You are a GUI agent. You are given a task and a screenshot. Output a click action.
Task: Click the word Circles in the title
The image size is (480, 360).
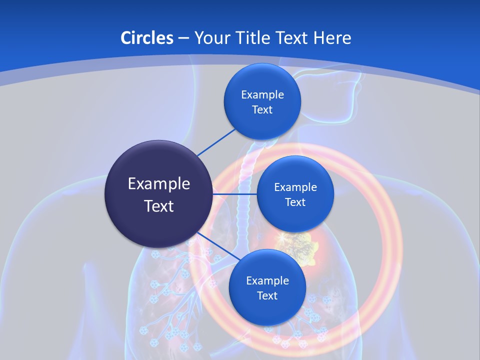[147, 38]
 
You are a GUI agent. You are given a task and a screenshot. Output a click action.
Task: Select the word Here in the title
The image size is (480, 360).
[332, 38]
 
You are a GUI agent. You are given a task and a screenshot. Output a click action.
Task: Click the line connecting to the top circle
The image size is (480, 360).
[216, 142]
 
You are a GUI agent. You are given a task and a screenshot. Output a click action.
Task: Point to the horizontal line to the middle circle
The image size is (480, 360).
[235, 194]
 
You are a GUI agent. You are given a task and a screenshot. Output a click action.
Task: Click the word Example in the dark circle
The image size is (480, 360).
[158, 184]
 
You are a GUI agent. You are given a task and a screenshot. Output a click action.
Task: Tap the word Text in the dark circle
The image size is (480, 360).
[158, 206]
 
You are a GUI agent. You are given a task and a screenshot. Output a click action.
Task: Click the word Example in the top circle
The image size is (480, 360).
[262, 95]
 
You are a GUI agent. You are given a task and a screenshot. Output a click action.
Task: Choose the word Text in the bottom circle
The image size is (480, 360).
[267, 296]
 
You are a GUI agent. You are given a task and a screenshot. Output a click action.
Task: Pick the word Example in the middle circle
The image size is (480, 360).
[295, 187]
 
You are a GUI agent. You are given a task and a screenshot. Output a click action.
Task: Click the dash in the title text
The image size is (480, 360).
[183, 38]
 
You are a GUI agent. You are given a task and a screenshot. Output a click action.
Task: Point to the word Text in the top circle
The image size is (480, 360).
[262, 110]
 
